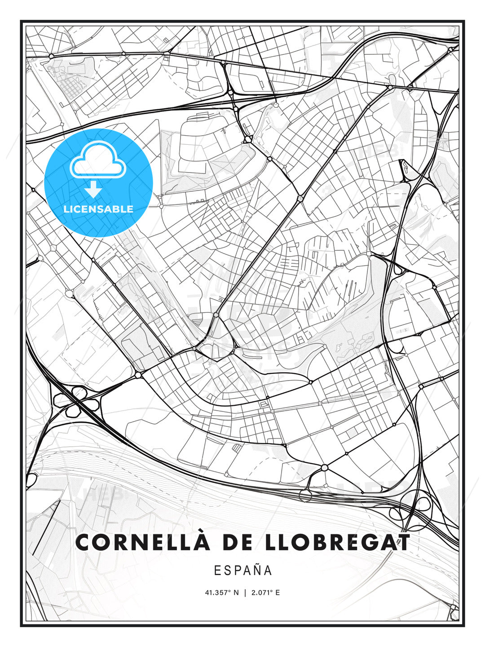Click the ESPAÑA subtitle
pyautogui.click(x=243, y=571)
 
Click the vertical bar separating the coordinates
pyautogui.click(x=245, y=593)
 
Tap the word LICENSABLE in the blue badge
pyautogui.click(x=98, y=209)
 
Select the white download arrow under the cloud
pyautogui.click(x=93, y=190)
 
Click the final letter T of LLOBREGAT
pyautogui.click(x=403, y=542)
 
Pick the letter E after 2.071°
pyautogui.click(x=278, y=593)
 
